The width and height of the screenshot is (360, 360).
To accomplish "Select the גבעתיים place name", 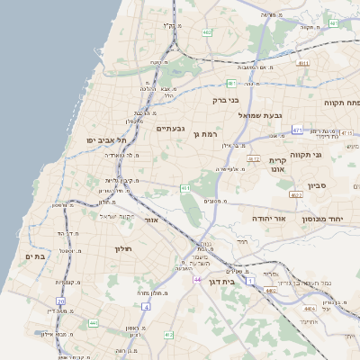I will coord(170,129).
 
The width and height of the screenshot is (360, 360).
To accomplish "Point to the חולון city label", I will coord(123,248).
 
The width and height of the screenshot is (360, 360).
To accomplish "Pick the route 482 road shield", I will coord(207,32).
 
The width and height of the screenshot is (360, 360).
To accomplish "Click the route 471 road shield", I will coord(297,130).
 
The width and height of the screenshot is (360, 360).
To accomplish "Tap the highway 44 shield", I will coord(196,280).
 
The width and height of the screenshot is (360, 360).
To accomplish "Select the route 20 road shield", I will coord(61,301).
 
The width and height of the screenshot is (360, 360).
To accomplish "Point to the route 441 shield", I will coord(93,322).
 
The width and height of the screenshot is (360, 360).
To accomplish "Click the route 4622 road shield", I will coord(296,194).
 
